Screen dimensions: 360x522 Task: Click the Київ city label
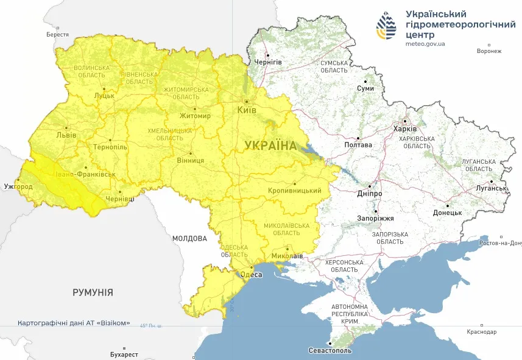[x=247, y=110]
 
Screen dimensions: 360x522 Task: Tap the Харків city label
[x=405, y=129]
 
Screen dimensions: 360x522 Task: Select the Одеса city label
[x=252, y=275]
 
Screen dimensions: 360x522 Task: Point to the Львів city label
[x=66, y=135]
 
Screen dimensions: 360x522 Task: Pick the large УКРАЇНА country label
[x=270, y=146]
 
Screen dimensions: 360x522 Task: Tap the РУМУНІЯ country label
[x=93, y=292]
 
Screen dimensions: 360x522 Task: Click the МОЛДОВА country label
[x=189, y=239]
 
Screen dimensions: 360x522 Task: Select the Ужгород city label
[x=18, y=186]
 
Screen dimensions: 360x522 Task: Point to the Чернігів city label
[x=268, y=63]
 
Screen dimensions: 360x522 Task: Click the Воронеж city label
[x=489, y=51]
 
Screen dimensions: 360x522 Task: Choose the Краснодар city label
[x=482, y=332]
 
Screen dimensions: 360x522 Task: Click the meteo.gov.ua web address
[x=425, y=44]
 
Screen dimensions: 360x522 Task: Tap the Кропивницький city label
[x=294, y=191]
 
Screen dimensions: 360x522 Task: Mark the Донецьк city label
[x=447, y=213]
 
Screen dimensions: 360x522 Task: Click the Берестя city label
[x=57, y=35]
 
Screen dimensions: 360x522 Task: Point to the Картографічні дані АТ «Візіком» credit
[x=74, y=323]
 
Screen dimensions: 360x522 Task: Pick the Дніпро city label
[x=370, y=193]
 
